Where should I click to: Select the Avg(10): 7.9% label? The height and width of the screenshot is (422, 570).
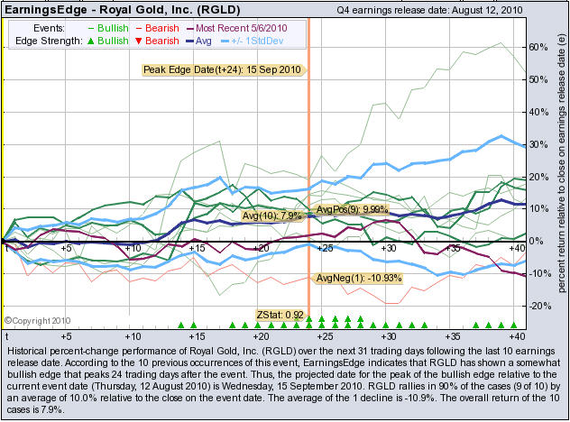tap(272, 216)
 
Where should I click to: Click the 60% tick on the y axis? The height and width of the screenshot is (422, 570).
tap(538, 46)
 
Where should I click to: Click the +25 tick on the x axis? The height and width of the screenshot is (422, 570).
tap(325, 247)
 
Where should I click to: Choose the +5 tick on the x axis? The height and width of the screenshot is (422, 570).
tap(67, 247)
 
